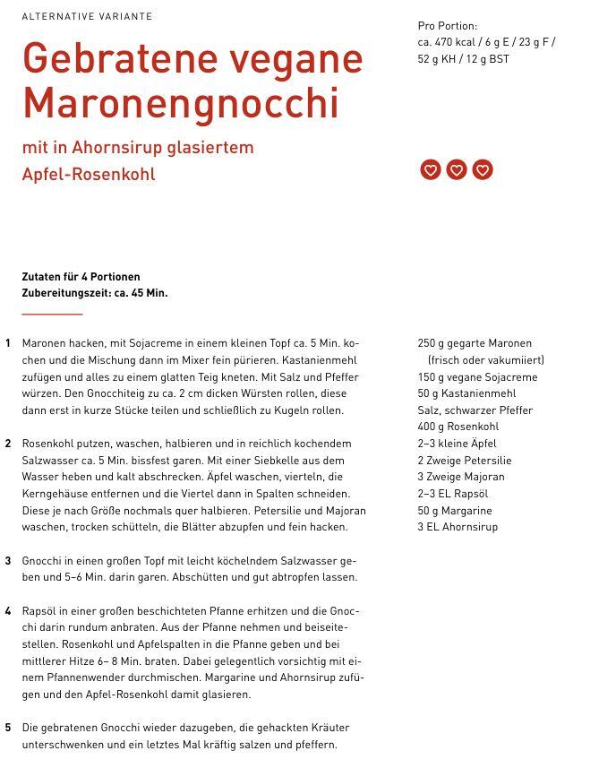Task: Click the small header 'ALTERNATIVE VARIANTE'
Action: [87, 16]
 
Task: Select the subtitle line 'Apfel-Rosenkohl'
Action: [89, 174]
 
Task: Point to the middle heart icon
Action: [457, 169]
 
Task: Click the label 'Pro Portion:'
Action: [447, 26]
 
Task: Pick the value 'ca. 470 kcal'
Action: [449, 42]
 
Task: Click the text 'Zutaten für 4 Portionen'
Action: [81, 277]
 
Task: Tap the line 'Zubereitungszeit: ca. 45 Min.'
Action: [94, 293]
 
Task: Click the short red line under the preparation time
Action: [52, 315]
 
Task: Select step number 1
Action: [8, 343]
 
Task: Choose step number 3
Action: [8, 561]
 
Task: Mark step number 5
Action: [8, 728]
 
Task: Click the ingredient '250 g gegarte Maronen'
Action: [474, 343]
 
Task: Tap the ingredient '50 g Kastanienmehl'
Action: [466, 393]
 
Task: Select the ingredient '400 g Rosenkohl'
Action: [458, 427]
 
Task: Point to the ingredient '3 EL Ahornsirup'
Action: [458, 527]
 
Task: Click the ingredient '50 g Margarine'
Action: [454, 511]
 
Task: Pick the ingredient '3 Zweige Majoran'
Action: [460, 477]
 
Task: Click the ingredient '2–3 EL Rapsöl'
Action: [452, 494]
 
